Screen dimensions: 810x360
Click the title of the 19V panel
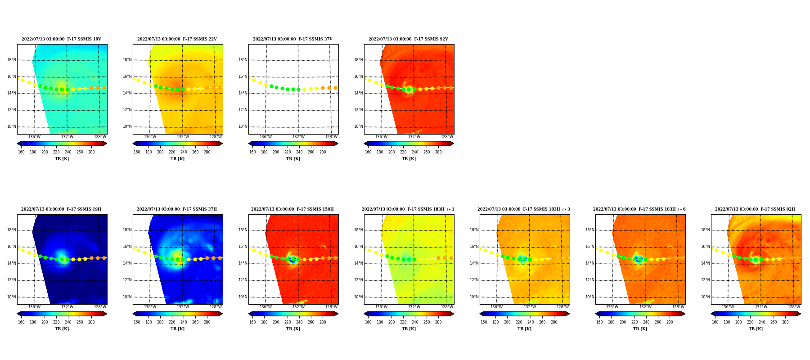click(x=61, y=39)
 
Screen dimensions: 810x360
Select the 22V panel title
click(x=177, y=39)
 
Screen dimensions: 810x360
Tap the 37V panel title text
click(x=292, y=39)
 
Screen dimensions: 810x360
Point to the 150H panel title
click(x=292, y=209)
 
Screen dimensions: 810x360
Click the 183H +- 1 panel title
click(x=408, y=209)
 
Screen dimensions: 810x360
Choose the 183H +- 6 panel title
click(x=639, y=209)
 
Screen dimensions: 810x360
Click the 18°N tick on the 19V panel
click(x=11, y=60)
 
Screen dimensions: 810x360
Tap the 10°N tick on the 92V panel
click(x=358, y=126)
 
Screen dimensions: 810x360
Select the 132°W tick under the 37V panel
click(x=298, y=137)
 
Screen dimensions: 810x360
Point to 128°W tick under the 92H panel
click(x=794, y=307)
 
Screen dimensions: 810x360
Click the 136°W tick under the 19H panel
click(x=34, y=307)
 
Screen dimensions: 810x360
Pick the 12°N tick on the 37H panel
click(x=127, y=280)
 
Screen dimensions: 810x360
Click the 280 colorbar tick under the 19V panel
click(x=91, y=152)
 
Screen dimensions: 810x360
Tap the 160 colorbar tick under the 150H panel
click(x=252, y=322)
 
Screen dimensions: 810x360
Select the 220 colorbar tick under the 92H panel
click(x=750, y=322)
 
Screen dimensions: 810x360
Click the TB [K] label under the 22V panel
click(x=177, y=159)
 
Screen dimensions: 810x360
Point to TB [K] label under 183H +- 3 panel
click(x=524, y=329)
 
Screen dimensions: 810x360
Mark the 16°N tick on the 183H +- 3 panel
click(x=474, y=247)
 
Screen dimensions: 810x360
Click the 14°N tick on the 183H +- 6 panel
click(x=589, y=263)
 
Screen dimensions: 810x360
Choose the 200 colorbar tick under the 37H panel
click(x=160, y=322)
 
